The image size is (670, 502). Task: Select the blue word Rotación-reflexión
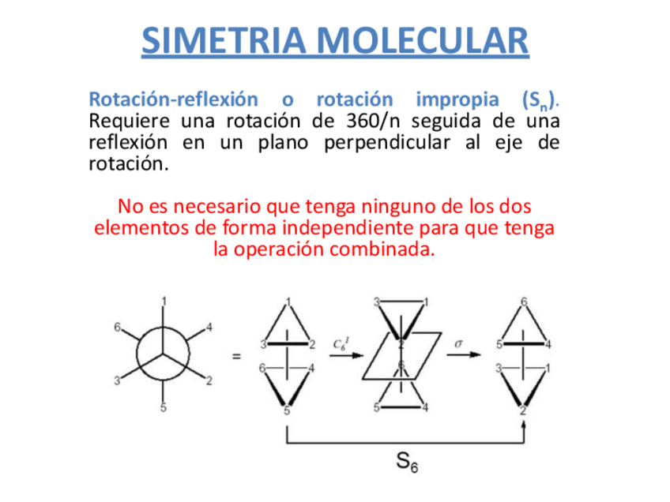click(x=173, y=100)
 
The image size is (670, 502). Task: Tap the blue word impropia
click(x=457, y=100)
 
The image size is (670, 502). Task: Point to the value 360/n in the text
click(x=375, y=122)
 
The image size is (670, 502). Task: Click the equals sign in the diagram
click(x=236, y=357)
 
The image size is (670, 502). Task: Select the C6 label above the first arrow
click(x=340, y=343)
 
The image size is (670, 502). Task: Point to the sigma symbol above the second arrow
click(x=458, y=343)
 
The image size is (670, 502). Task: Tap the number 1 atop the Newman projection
click(x=164, y=301)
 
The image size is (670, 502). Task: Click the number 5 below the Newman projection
click(x=164, y=408)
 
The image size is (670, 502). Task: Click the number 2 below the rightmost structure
click(x=524, y=410)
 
